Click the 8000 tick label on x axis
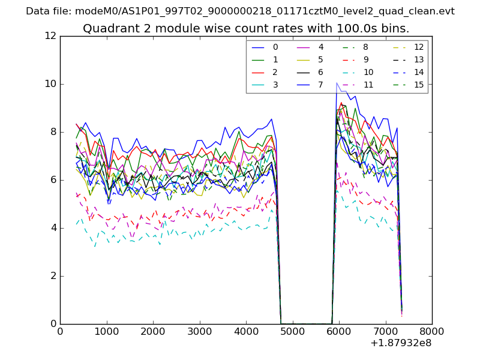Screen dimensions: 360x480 click(432, 331)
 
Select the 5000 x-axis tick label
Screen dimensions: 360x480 click(292, 331)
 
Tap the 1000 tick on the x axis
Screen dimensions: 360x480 click(106, 331)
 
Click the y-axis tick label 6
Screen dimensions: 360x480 click(53, 180)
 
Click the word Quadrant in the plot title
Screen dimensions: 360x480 click(107, 29)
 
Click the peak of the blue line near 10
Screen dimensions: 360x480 click(337, 83)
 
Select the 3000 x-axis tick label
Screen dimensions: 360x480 click(199, 331)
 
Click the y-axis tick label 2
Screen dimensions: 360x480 click(53, 276)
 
